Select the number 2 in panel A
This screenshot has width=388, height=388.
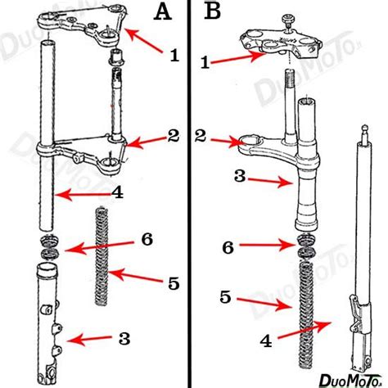(173, 136)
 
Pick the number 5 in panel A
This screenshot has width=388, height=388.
(171, 283)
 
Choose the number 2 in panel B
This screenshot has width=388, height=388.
(201, 133)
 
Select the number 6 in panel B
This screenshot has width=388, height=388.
(230, 246)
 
